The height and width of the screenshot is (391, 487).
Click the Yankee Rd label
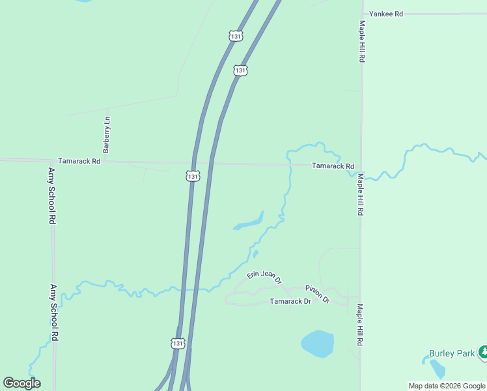[x=386, y=13]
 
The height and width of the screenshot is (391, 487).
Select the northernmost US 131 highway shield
[x=236, y=36]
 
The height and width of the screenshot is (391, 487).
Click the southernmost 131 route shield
[x=178, y=343]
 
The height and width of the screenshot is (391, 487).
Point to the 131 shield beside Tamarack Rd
[x=193, y=176]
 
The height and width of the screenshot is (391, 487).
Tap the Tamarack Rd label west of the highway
[x=79, y=161]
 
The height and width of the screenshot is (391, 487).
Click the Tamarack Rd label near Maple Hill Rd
[x=333, y=166]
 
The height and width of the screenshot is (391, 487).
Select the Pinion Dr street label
[x=318, y=293]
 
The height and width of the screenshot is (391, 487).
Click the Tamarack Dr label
[x=290, y=301]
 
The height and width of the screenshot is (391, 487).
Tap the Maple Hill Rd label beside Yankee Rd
[x=361, y=40]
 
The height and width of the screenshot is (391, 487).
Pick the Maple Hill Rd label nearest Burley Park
[x=359, y=325]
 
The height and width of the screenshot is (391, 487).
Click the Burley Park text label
[x=452, y=354]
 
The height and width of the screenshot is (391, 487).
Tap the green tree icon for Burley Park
[x=484, y=353]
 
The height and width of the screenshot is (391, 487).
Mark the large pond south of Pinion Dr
[x=318, y=343]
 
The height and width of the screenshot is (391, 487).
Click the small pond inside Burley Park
[x=438, y=369]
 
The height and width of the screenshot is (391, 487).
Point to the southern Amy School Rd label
[x=55, y=312]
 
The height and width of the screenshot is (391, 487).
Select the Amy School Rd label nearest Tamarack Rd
[x=51, y=196]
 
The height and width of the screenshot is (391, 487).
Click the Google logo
[x=21, y=383]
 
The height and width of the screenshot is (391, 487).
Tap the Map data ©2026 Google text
[x=447, y=386]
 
